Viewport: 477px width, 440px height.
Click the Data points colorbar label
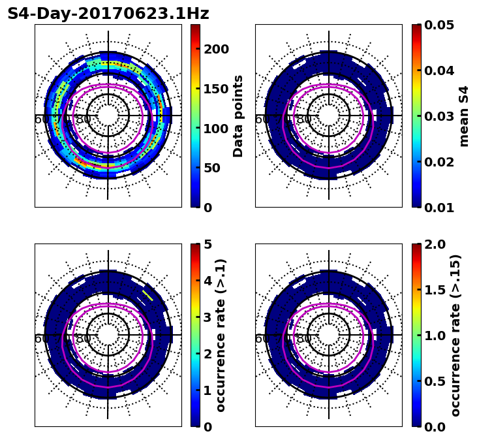coord(238,116)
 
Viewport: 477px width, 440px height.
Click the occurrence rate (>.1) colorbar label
coord(221,335)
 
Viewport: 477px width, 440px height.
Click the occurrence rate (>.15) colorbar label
coord(455,335)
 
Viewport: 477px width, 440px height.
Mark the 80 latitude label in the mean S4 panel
coord(304,119)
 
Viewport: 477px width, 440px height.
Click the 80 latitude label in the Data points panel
coord(84,119)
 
